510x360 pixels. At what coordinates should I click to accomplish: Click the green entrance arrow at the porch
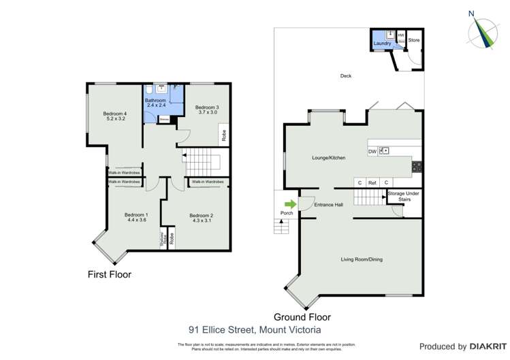point(291,204)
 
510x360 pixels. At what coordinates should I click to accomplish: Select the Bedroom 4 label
point(115,116)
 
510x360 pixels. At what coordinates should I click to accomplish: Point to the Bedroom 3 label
point(207,110)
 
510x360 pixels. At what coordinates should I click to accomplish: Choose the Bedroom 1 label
point(137,217)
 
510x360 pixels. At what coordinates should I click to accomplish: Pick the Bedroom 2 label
point(203,217)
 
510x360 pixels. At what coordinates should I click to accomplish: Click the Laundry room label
point(382,44)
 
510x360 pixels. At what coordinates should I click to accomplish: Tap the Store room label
point(414,40)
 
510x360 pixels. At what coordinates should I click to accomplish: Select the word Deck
point(346,76)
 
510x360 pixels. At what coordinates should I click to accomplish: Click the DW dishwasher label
point(372,151)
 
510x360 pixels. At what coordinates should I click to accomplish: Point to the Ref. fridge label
point(372,182)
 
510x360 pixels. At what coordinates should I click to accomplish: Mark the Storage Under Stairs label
point(404,197)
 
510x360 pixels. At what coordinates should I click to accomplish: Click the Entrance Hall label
point(328,205)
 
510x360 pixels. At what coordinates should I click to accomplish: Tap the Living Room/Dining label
point(361,259)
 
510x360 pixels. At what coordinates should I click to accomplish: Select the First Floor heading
point(109,275)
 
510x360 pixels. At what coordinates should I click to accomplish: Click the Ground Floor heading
point(302,316)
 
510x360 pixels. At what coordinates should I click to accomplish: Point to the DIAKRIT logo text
point(476,346)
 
